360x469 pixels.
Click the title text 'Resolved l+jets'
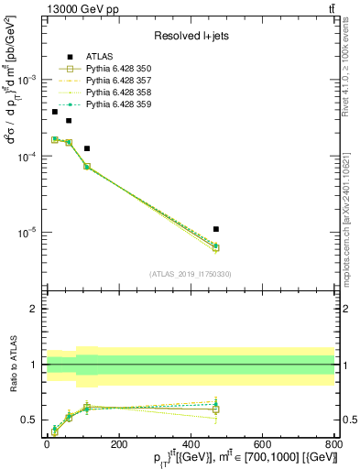[191, 36]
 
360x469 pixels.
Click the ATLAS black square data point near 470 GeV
[215, 229]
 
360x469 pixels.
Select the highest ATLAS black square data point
[54, 112]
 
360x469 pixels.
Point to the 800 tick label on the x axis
[333, 445]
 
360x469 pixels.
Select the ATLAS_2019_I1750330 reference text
[191, 274]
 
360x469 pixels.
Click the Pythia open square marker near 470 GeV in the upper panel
[215, 247]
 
